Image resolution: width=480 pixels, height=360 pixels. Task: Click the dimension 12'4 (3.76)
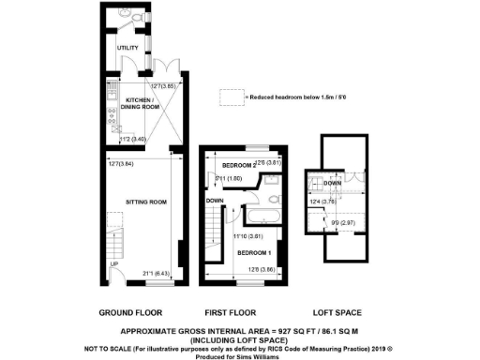pyautogui.click(x=323, y=201)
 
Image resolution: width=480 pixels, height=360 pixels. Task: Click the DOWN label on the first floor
pyautogui.click(x=214, y=200)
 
